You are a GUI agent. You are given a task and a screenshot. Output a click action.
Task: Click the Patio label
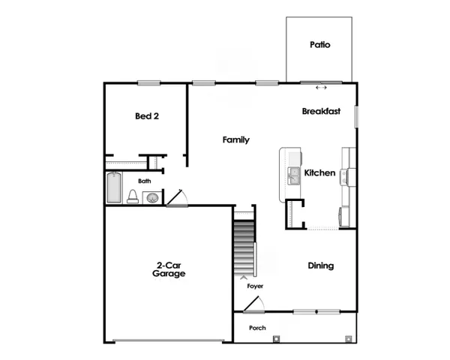point(320,45)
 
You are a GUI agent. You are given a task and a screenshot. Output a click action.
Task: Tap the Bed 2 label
point(147,116)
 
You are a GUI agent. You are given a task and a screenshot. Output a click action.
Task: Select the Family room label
point(236,140)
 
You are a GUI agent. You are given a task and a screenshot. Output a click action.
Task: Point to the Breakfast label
point(321,111)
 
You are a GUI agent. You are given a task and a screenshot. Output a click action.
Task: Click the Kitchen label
point(319,173)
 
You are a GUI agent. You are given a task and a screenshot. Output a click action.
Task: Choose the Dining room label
point(321,265)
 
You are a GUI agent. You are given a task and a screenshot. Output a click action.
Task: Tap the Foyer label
point(255,286)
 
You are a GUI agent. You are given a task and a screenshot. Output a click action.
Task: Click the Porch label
point(257,328)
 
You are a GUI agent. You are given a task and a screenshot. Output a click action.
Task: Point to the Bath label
point(145,181)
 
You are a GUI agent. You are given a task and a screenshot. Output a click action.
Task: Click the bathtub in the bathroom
point(114,187)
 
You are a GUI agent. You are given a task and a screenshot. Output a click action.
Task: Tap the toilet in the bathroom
point(133,196)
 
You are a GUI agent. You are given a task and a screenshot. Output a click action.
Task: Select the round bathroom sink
point(152,198)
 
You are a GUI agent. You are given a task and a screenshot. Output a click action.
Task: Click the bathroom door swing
point(178,197)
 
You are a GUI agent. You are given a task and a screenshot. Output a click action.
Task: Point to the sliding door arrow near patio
point(322,88)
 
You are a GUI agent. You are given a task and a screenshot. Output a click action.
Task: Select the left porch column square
point(277,338)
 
